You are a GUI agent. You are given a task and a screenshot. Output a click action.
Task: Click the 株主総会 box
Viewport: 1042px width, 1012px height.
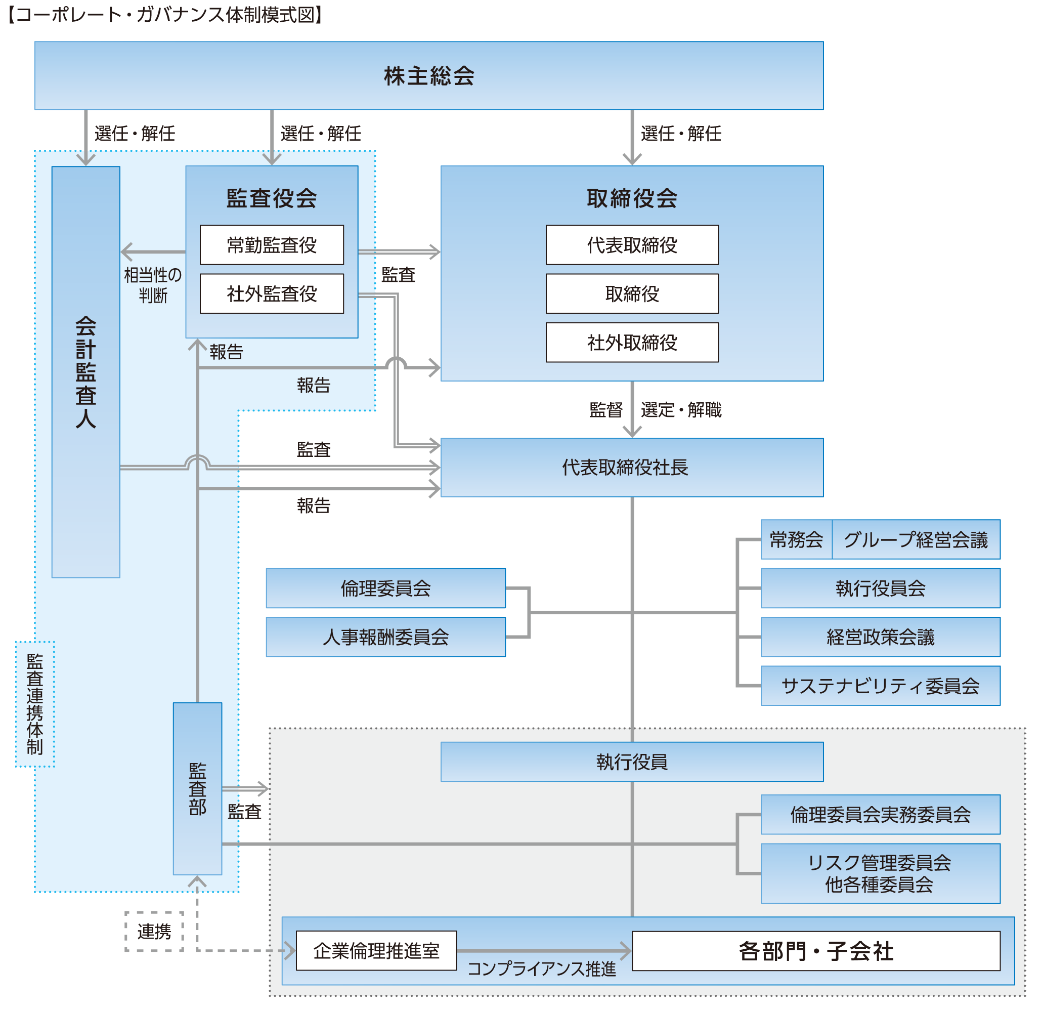(428, 75)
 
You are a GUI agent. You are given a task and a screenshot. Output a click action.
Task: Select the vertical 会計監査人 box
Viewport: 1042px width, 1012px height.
(85, 372)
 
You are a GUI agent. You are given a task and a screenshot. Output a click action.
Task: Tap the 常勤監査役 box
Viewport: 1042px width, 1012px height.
(272, 245)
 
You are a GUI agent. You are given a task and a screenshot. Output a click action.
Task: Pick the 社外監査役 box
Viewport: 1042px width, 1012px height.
(272, 293)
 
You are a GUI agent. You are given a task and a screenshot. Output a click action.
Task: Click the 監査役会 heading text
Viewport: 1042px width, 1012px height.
(272, 198)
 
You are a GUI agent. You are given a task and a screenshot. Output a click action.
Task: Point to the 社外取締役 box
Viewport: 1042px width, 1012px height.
(632, 343)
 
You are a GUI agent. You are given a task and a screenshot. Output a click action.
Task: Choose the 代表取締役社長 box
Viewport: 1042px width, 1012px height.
(632, 468)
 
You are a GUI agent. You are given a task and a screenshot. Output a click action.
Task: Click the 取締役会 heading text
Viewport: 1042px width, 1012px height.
(632, 198)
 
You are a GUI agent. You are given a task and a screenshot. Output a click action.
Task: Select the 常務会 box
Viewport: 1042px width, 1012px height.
(796, 540)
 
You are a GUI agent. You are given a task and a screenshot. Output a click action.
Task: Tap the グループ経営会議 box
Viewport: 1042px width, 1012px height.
(916, 540)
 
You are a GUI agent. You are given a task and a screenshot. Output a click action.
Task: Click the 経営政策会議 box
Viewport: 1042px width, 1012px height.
(880, 637)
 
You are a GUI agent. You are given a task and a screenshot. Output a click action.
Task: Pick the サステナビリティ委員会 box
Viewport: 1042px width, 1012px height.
(880, 686)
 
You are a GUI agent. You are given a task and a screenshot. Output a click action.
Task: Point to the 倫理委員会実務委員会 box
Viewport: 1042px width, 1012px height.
(880, 815)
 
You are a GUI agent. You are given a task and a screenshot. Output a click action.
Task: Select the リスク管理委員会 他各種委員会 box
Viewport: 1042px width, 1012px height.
(880, 873)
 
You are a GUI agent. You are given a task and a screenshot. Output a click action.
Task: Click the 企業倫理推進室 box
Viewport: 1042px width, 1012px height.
(376, 950)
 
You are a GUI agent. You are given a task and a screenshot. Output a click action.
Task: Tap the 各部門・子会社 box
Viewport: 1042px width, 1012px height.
(815, 951)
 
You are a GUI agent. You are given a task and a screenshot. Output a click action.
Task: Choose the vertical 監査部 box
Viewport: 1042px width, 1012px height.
(197, 789)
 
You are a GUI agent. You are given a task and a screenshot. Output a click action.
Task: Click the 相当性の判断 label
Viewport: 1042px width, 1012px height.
(153, 285)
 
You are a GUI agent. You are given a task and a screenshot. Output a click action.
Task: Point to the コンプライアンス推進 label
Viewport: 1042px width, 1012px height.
(541, 969)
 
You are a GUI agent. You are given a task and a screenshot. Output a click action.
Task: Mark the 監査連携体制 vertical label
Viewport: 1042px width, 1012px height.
(34, 704)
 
